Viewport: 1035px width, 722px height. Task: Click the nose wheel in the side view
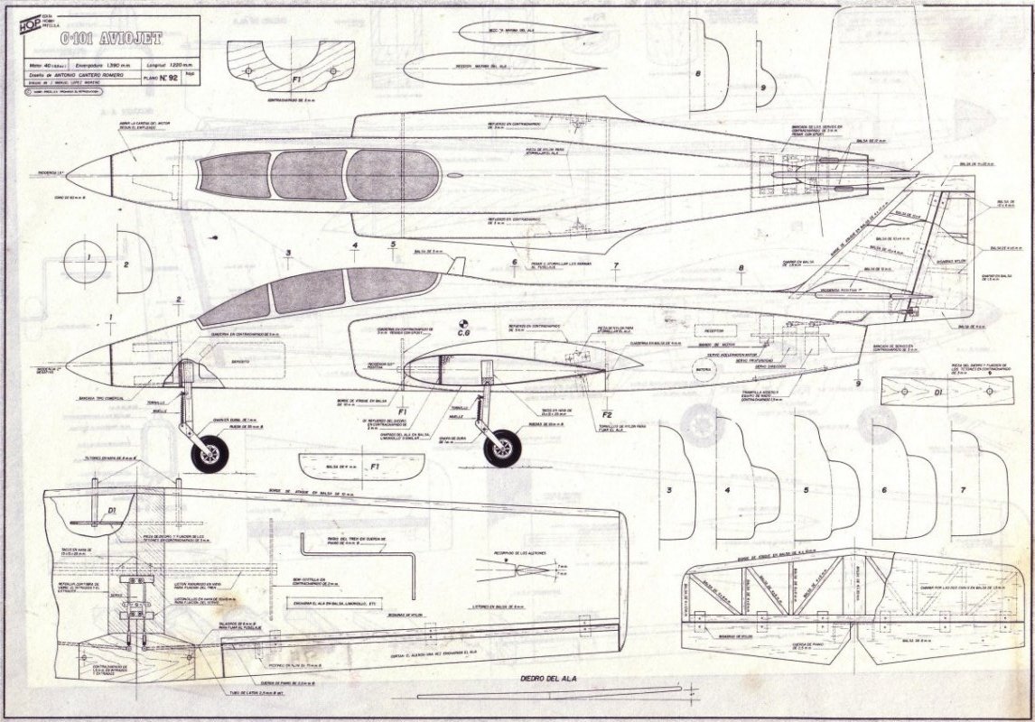pos(208,450)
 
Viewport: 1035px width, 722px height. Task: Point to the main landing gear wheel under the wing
pos(502,449)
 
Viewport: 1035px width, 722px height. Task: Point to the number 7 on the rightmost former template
pos(965,488)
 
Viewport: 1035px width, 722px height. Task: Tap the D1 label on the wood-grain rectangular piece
pos(938,393)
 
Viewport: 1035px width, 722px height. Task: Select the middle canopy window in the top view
pos(309,174)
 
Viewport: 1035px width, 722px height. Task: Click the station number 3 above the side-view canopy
pos(288,253)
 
